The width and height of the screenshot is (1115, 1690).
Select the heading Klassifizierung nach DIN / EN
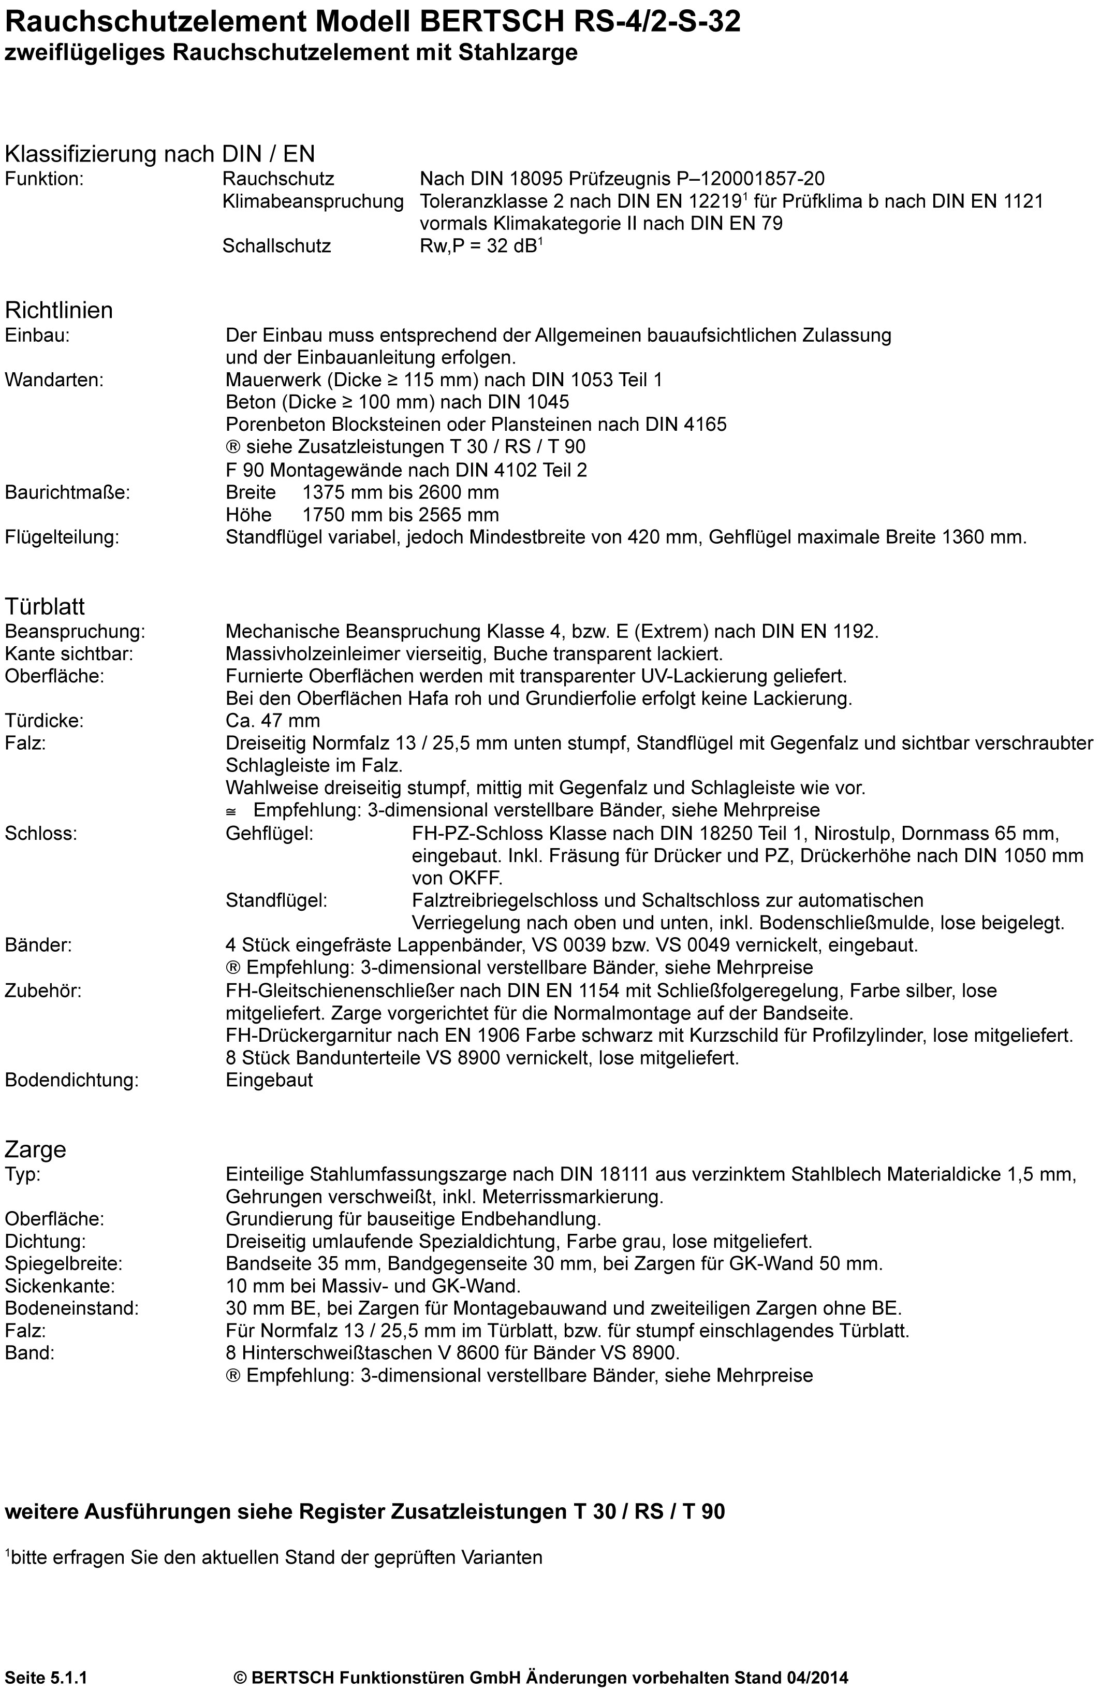159,154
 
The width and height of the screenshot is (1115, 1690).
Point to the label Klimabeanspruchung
313,201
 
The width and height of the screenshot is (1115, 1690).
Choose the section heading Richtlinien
59,310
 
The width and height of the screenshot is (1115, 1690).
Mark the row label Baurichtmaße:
68,492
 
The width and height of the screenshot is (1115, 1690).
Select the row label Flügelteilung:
62,537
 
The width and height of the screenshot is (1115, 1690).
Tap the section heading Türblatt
45,607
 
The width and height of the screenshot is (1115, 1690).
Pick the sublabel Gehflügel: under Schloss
270,833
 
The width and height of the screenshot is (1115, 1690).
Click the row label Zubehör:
43,991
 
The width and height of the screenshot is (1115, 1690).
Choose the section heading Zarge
36,1149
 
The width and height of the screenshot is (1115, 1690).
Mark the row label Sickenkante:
60,1286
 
